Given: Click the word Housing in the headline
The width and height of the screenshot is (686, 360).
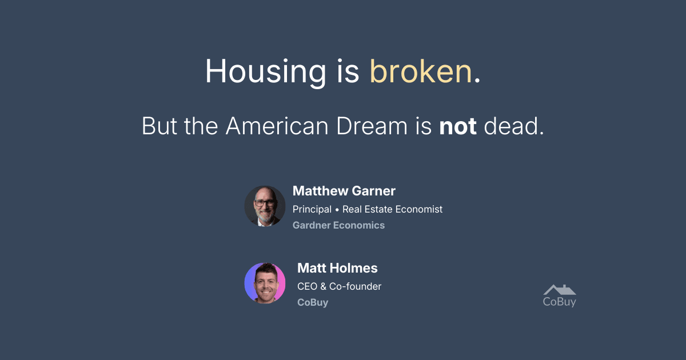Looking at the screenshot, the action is pos(265,72).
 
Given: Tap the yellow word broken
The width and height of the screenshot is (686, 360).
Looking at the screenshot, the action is pos(421,71).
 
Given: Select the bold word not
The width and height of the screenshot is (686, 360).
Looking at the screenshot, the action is pos(458,126).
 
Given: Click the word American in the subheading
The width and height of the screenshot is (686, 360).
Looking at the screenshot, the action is pos(277,126).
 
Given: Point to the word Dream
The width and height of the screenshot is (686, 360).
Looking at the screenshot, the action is pos(372,126).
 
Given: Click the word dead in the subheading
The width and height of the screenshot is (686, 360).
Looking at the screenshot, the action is pos(511,126).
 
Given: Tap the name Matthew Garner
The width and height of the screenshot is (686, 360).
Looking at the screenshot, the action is pos(344,191).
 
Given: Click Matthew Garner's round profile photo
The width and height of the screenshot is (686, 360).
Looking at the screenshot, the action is pos(265,206).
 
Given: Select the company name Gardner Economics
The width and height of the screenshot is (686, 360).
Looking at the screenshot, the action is pos(338,225).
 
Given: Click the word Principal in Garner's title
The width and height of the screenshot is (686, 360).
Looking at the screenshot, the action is pos(312,209).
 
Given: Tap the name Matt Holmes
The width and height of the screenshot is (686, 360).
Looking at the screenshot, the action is pos(337,268).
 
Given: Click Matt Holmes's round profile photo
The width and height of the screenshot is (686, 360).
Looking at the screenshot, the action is pos(265,283).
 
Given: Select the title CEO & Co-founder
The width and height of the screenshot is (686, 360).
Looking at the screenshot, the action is pos(340,286).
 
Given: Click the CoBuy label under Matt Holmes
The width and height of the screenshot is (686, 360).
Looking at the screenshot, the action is pos(313,302).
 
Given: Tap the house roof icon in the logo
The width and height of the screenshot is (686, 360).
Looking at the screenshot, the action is pos(560,290).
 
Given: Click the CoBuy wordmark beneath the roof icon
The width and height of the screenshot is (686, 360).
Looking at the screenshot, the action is pos(560,302).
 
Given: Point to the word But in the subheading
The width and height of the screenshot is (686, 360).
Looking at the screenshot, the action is pos(159,126).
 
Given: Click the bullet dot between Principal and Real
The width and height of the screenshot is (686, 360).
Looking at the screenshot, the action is pos(337,210).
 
